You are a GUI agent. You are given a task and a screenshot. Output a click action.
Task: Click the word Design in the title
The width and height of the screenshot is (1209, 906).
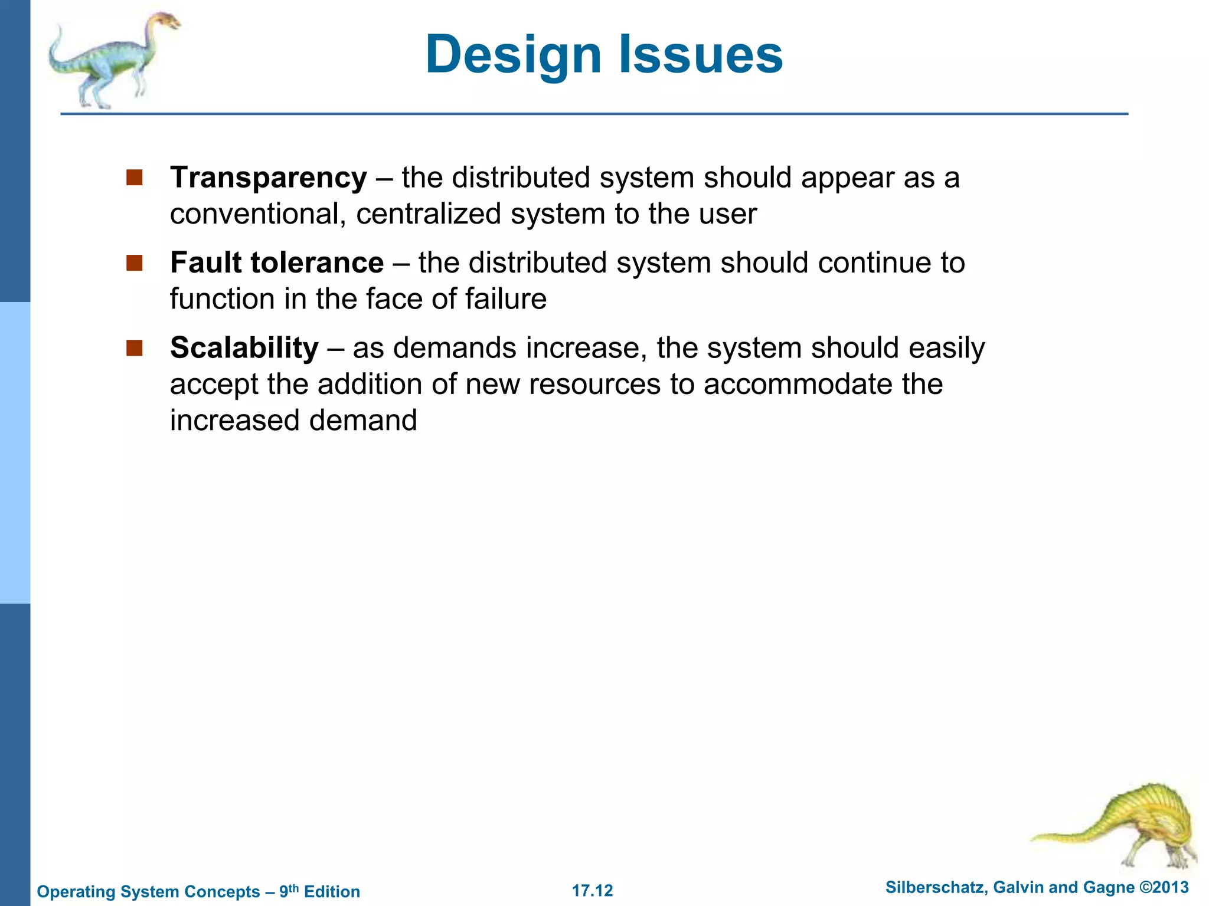(x=513, y=55)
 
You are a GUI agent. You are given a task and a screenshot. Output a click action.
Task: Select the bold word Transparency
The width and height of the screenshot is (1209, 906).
(x=269, y=178)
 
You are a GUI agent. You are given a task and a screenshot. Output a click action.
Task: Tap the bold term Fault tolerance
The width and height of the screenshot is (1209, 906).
(x=277, y=262)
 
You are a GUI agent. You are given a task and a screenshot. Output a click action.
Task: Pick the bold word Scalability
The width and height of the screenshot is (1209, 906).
(x=244, y=347)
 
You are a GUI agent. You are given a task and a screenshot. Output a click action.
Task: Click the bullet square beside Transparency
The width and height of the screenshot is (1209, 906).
(x=135, y=178)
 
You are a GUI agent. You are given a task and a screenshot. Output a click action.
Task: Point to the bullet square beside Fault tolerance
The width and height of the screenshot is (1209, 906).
(x=135, y=262)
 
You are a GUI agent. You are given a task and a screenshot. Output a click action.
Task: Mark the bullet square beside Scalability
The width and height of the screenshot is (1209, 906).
(x=135, y=347)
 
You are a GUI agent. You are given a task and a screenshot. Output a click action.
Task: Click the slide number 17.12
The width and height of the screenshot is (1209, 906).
(x=593, y=891)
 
